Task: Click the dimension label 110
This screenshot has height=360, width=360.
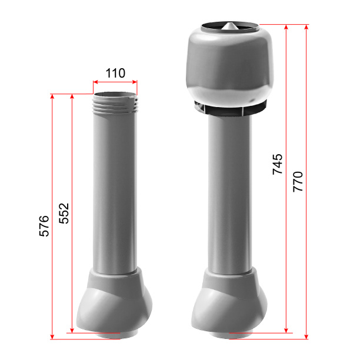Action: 115,74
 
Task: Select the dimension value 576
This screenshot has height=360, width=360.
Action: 44,226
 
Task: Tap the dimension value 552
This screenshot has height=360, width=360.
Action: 64,214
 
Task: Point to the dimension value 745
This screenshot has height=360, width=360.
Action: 277,164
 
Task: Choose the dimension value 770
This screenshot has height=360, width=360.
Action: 298,182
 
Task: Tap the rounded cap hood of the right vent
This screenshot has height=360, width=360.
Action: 229,66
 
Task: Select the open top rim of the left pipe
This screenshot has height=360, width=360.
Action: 115,94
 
